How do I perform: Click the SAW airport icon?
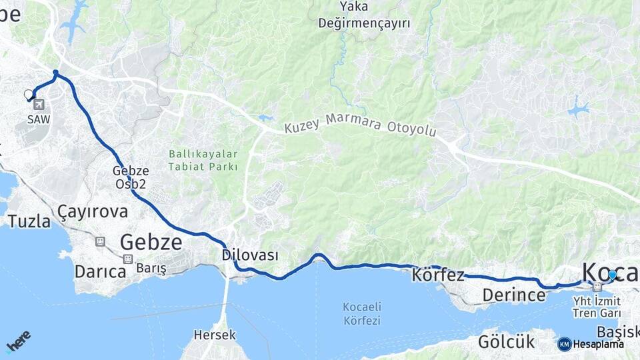38,105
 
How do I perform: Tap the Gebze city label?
151,242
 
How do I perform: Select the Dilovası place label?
250,255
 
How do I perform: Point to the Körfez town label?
438,275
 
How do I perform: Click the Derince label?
514,295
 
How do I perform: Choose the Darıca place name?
100,271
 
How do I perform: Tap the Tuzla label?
29,221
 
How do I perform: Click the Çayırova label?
92,211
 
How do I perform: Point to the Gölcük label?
506,342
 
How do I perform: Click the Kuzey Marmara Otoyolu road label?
360,127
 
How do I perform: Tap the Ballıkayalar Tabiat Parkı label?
203,160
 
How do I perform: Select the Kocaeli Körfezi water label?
361,313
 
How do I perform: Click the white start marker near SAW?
29,95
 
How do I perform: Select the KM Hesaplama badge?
591,344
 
